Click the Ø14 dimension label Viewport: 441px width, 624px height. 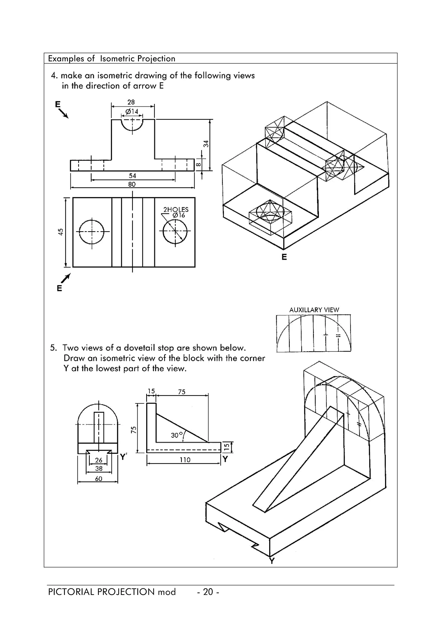[132, 112]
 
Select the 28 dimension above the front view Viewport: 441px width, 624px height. [131, 102]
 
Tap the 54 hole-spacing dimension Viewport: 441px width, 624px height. [132, 176]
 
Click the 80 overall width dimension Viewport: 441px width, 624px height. [132, 184]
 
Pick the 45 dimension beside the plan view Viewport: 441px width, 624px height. [61, 232]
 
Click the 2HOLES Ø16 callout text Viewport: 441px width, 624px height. [176, 212]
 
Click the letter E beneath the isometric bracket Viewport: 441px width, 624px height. [284, 257]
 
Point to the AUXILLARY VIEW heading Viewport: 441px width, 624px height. [314, 310]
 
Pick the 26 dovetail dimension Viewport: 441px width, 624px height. [99, 460]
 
